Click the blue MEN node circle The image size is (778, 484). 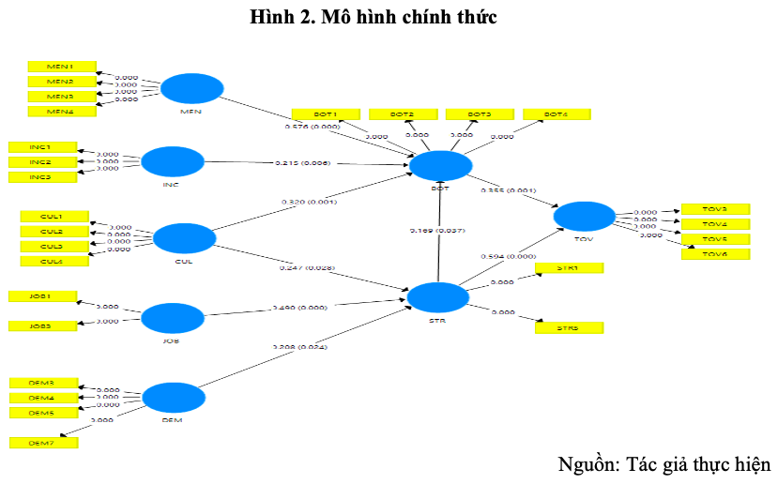pos(191,89)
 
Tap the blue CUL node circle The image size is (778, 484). pos(183,238)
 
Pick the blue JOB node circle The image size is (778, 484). pos(171,318)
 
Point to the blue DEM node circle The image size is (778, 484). pos(172,398)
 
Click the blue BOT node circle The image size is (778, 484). pos(441,167)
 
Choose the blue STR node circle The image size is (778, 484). pos(437,297)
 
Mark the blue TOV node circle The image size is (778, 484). pos(584,217)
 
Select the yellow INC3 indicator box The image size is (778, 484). pos(40,177)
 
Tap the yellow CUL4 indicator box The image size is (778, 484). pos(53,261)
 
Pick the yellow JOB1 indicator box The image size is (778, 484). pos(41,296)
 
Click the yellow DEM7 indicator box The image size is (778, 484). pos(43,442)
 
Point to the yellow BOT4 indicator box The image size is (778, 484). pos(557,114)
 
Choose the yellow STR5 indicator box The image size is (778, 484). pos(568,328)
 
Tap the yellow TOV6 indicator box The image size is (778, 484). pos(715,254)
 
